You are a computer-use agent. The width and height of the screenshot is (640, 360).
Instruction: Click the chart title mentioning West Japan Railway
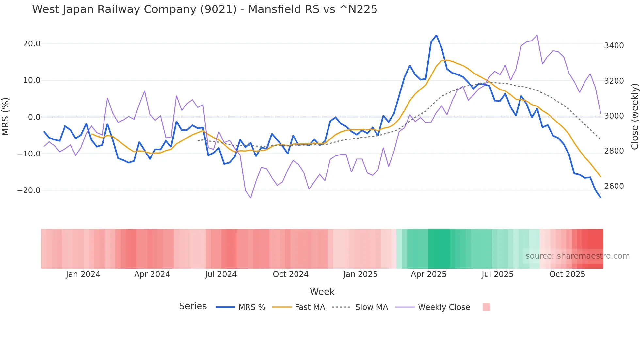(x=204, y=9)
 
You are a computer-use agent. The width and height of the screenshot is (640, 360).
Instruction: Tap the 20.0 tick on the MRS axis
(x=32, y=44)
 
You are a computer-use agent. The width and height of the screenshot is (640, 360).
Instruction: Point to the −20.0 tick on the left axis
(x=29, y=190)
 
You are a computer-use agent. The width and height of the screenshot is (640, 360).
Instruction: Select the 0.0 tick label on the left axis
(x=34, y=117)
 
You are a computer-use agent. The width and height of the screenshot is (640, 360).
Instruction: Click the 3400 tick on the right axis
(x=614, y=46)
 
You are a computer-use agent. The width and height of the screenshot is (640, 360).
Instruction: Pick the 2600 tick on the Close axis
(x=614, y=186)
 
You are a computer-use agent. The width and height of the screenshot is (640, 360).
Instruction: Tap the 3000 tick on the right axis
(x=614, y=116)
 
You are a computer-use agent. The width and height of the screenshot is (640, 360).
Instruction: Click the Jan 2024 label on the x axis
(x=83, y=274)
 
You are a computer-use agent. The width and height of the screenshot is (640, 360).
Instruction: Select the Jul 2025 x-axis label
(x=497, y=274)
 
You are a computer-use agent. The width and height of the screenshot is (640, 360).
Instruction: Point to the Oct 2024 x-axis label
(x=291, y=274)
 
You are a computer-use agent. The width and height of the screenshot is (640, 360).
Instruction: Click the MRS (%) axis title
(x=6, y=116)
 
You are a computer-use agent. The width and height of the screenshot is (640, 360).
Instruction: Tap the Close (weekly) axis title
(x=634, y=116)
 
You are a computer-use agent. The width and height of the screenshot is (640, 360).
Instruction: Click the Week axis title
(x=322, y=292)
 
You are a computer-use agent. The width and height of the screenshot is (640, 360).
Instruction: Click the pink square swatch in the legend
(x=486, y=307)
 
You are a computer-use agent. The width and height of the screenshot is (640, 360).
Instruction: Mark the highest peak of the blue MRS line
(x=436, y=36)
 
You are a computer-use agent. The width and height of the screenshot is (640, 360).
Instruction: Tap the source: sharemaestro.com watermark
(x=577, y=256)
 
